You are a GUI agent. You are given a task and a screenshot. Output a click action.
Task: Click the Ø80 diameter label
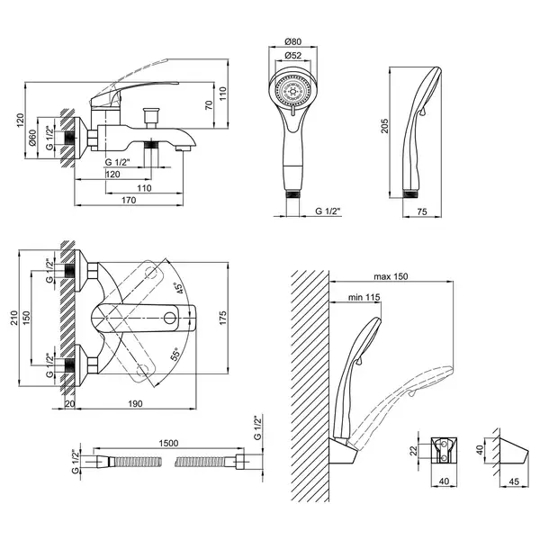[x=293, y=41]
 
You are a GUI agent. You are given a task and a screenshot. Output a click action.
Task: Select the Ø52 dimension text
[x=293, y=55]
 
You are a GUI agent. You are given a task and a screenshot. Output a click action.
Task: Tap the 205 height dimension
[x=384, y=126]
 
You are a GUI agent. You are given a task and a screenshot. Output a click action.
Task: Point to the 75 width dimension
[x=422, y=211]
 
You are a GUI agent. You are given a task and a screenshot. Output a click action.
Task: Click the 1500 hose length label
[x=168, y=443]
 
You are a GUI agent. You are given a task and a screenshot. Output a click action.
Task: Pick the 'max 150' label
[x=391, y=276]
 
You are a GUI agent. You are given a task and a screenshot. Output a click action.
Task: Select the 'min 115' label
[x=364, y=297]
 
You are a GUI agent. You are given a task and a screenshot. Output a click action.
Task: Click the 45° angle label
[x=178, y=288]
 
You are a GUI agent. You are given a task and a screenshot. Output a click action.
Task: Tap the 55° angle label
[x=175, y=354]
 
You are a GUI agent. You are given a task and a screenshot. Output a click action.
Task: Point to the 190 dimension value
[x=135, y=403]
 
